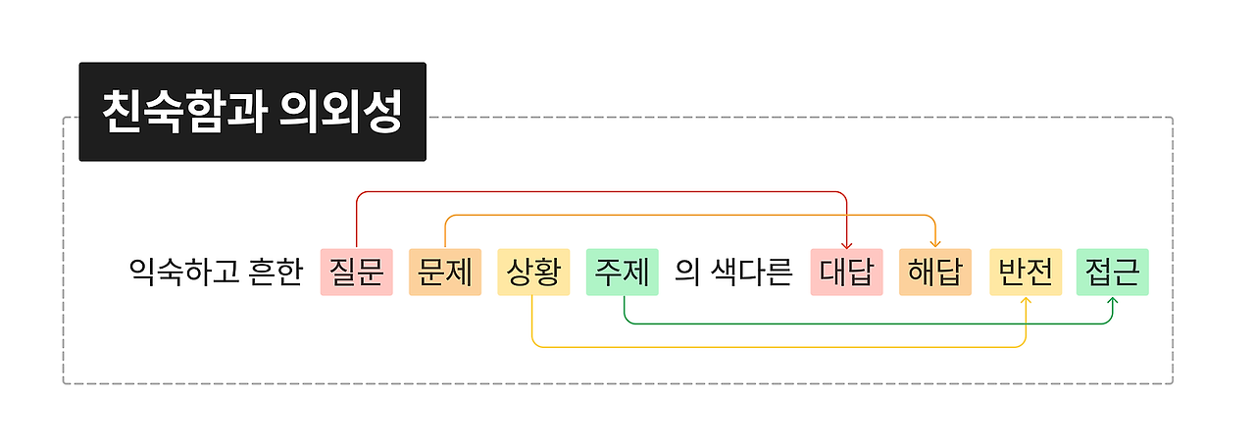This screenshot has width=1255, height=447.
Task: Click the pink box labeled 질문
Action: (x=356, y=272)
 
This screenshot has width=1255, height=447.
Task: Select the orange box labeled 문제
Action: (x=445, y=272)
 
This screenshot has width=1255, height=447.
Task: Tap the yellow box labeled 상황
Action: (x=533, y=272)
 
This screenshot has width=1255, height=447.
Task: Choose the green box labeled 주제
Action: (x=622, y=272)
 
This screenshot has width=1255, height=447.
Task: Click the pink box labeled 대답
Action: (x=846, y=272)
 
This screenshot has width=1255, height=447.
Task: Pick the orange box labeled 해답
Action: (x=934, y=272)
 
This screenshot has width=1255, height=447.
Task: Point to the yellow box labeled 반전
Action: (x=1026, y=272)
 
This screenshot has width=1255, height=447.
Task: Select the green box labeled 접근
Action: (x=1112, y=272)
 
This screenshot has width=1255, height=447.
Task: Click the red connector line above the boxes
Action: (x=598, y=191)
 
